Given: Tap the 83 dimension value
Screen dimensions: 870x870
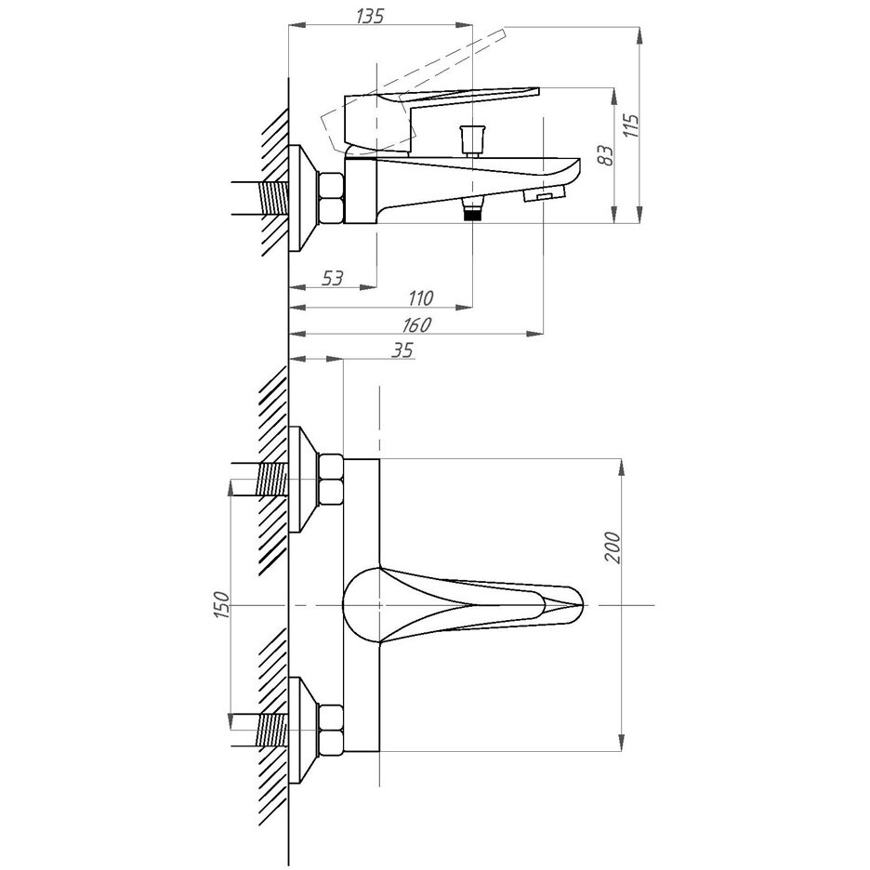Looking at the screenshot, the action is coord(605,153).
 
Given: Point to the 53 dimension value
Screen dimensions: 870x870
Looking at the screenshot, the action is coord(332,276).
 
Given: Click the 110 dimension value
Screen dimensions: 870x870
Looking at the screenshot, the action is coord(421,298).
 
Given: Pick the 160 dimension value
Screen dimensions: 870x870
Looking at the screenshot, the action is coord(417,324).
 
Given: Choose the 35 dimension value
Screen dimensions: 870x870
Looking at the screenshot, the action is coord(401,349).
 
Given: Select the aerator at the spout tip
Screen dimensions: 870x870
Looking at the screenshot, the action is coord(547,194).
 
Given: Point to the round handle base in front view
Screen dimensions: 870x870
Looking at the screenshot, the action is coord(364,605).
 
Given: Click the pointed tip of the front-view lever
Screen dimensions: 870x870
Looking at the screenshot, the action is coord(578,604).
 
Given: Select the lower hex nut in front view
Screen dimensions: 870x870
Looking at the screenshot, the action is coord(330,730).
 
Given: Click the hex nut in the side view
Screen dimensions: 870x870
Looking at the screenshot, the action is coord(330,197).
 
